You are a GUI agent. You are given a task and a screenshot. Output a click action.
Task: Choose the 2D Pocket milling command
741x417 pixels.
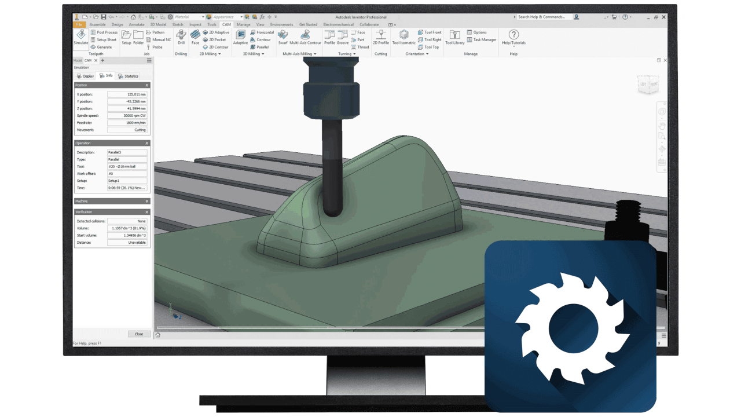pos(215,40)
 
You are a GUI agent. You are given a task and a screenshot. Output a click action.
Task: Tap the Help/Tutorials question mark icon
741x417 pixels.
pos(513,36)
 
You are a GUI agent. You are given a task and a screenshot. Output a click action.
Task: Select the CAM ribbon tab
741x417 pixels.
pos(226,25)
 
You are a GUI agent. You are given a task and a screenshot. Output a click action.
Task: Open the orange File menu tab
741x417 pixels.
pos(79,25)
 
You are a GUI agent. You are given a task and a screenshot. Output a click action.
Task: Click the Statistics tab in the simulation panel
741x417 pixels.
pos(129,76)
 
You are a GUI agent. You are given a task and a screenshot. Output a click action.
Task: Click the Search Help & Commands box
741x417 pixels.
pos(544,17)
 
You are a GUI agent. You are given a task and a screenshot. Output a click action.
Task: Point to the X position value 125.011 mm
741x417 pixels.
pos(127,94)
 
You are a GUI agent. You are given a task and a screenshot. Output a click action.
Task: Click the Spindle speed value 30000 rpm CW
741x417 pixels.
pos(127,116)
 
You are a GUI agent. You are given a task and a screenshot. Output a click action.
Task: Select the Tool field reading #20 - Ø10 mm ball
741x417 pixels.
pos(127,167)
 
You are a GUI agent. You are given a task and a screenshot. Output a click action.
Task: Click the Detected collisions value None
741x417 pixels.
pos(127,221)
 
